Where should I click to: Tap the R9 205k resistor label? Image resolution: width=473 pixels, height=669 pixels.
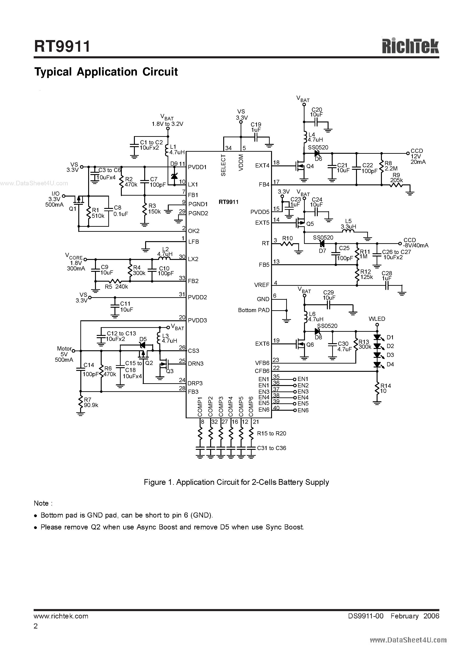[396, 178]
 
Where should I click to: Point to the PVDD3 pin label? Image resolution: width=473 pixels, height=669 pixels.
[197, 321]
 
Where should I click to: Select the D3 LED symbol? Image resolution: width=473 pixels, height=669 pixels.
[377, 355]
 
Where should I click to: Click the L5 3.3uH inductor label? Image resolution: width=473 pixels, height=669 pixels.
[348, 224]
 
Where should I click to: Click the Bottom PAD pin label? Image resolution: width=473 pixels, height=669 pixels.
[254, 310]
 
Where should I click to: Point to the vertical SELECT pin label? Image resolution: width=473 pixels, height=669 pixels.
[223, 165]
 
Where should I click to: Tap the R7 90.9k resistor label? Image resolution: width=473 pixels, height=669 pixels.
[91, 402]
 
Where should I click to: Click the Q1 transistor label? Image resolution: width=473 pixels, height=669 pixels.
[73, 209]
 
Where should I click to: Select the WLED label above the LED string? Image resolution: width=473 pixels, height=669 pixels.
[377, 319]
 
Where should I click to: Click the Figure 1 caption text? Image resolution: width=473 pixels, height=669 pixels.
[236, 482]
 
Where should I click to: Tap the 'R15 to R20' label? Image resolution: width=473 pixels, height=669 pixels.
[272, 433]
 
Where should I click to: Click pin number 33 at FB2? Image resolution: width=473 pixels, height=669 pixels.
[182, 278]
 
